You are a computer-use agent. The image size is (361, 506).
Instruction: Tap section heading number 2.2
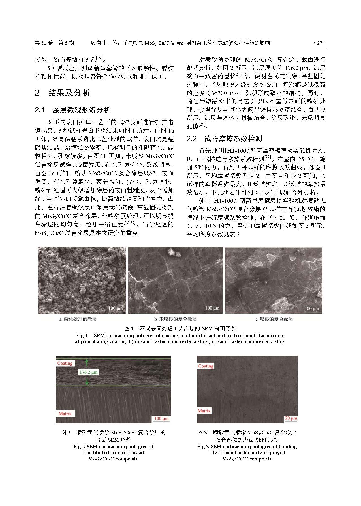click(192, 139)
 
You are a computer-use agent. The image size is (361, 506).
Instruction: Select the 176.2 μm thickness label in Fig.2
click(88, 372)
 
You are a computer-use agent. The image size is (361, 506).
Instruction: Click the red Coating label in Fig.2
click(65, 363)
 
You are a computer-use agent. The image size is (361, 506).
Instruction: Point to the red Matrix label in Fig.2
click(65, 414)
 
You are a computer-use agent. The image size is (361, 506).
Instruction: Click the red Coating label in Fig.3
click(206, 366)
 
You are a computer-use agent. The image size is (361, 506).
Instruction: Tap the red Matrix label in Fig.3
click(204, 411)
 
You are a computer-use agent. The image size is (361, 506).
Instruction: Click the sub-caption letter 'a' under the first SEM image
click(60, 319)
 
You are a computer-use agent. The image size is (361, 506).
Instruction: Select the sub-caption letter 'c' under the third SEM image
click(256, 319)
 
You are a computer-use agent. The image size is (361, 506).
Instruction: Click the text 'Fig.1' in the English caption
click(82, 336)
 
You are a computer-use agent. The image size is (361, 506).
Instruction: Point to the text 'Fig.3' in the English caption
click(203, 447)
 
